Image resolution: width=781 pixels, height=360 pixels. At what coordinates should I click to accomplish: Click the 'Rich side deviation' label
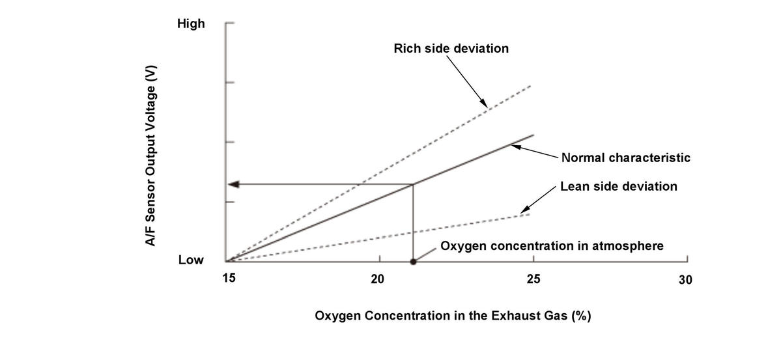(x=451, y=49)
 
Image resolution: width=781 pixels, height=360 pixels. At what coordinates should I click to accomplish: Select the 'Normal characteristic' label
(x=625, y=158)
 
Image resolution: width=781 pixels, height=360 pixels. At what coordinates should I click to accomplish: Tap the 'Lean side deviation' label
(x=618, y=186)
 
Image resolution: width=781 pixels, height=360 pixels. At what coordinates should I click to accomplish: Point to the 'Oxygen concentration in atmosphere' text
(x=552, y=246)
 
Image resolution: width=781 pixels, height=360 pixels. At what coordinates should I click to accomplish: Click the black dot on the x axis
(x=413, y=262)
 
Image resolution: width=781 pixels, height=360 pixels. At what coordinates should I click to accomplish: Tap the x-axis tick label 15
(x=229, y=279)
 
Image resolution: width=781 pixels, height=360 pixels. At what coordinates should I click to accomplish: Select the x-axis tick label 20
(x=378, y=279)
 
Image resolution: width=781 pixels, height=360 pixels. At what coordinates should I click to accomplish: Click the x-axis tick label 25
(x=533, y=279)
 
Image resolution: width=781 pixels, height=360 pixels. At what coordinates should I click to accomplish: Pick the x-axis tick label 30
(x=685, y=279)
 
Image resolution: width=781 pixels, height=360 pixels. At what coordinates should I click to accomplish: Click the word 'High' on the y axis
(x=191, y=24)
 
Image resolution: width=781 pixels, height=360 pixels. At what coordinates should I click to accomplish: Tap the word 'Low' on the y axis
(x=191, y=260)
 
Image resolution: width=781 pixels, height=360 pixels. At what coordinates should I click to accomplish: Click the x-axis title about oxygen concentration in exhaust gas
(x=453, y=316)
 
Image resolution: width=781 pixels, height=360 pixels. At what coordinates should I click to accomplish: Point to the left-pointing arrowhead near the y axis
(x=234, y=184)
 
